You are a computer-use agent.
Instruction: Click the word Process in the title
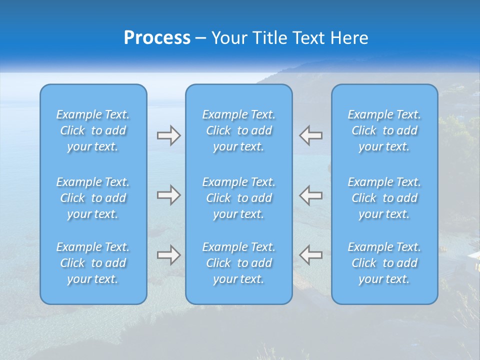[x=157, y=37]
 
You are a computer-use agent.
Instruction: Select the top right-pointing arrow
[x=168, y=135]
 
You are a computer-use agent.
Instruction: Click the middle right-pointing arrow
[x=168, y=195]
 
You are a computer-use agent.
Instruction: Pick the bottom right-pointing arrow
[x=168, y=254]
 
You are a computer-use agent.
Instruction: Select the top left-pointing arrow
[x=310, y=135]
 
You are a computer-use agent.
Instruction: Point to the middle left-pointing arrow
[x=310, y=195]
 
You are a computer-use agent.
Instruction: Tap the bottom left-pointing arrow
[x=310, y=254]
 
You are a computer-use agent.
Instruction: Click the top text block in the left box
[x=93, y=130]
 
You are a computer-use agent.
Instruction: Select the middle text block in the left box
[x=93, y=198]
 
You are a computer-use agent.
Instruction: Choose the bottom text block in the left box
[x=93, y=263]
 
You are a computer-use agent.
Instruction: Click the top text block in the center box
[x=239, y=130]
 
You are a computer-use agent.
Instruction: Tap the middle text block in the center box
[x=239, y=198]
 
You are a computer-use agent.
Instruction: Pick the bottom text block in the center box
[x=239, y=263]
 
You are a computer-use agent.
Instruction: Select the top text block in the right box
[x=384, y=130]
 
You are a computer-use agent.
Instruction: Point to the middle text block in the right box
[x=384, y=198]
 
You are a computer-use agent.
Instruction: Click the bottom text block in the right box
[x=384, y=263]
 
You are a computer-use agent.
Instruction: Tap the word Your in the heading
[x=229, y=37]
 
